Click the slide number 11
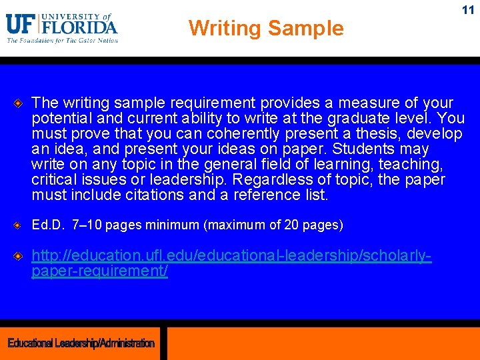(468, 10)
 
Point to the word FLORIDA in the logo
(79, 27)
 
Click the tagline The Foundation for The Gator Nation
(62, 41)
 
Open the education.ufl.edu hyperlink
(231, 256)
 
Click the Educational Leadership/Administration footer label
(81, 343)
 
